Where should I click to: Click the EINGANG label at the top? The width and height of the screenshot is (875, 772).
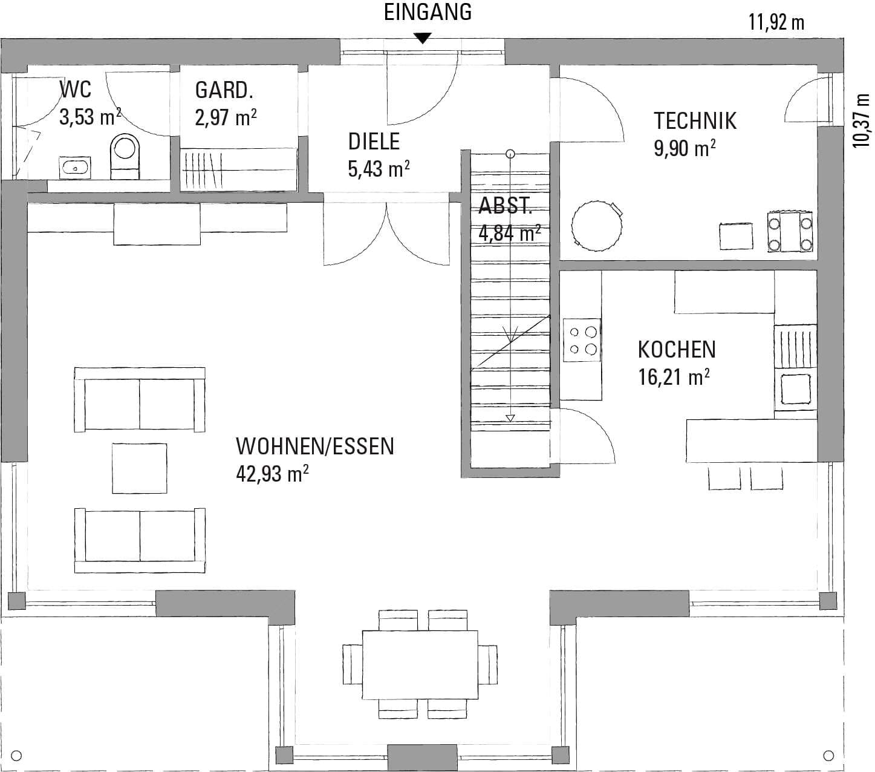[x=428, y=12]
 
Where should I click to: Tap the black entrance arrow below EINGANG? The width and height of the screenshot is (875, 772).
[x=423, y=38]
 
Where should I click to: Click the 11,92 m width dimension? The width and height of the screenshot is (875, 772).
[x=776, y=22]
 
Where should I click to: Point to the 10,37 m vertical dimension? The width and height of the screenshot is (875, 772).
[x=862, y=120]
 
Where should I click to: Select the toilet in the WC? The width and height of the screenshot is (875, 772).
[x=125, y=157]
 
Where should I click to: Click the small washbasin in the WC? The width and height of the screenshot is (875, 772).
[x=75, y=168]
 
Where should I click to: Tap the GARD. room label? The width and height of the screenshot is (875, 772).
[x=224, y=90]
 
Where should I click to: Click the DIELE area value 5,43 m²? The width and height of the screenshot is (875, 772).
[x=379, y=169]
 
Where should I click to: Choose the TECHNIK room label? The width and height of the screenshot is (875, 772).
[x=695, y=120]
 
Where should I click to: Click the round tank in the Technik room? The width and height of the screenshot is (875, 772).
[x=597, y=226]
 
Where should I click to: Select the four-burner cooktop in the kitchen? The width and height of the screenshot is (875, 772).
[x=582, y=340]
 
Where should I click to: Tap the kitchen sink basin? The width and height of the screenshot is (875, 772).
[x=795, y=388]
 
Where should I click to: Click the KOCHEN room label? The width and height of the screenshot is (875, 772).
[x=677, y=350]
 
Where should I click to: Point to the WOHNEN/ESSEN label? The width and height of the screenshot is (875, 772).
[x=315, y=447]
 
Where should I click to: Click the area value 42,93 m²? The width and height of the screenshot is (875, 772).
[x=272, y=474]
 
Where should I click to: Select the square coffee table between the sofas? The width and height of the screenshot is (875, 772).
[x=140, y=468]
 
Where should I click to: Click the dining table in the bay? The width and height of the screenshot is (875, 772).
[x=420, y=665]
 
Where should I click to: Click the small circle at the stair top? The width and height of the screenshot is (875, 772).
[x=510, y=154]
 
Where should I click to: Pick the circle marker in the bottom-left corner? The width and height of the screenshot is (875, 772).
[x=16, y=756]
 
